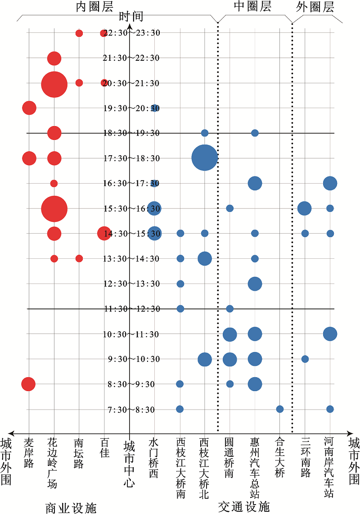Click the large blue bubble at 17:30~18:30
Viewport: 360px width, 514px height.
205,158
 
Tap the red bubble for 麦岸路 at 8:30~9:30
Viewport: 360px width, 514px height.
28,384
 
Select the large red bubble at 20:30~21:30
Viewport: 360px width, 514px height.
54,84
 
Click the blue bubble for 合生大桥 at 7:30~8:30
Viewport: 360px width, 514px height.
280,409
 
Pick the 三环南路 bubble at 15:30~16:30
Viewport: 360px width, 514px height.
305,208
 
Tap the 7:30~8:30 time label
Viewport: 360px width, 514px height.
129,410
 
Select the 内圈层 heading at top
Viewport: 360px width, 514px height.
94,7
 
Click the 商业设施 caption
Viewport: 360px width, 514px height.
71,508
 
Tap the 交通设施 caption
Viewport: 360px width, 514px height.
244,506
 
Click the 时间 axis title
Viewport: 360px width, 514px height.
131,17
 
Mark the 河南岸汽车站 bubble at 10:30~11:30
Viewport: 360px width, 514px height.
330,334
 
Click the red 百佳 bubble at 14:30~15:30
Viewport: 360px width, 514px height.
104,233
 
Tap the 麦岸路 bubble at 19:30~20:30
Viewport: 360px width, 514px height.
29,108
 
